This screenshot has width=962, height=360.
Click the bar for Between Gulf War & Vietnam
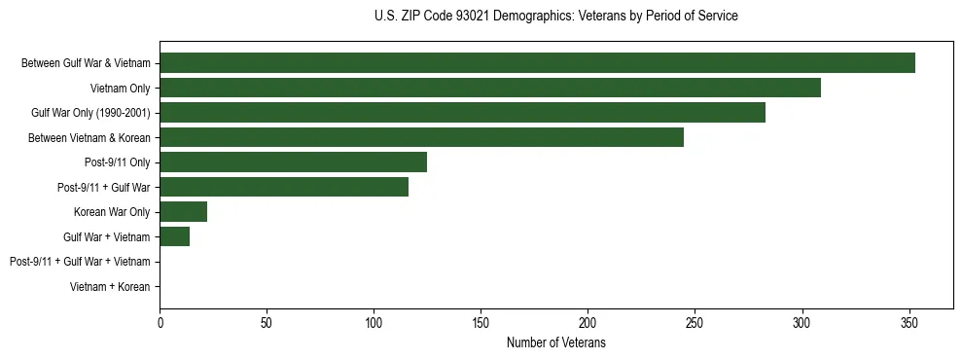pyautogui.click(x=537, y=63)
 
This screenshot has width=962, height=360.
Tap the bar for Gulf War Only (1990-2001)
pyautogui.click(x=462, y=113)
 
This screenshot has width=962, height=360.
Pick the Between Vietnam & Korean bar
pyautogui.click(x=421, y=137)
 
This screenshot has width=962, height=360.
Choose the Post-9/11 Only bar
pyautogui.click(x=293, y=162)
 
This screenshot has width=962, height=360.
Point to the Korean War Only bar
pyautogui.click(x=183, y=212)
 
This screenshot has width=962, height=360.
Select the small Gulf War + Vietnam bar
pyautogui.click(x=174, y=236)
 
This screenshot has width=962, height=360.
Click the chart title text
pyautogui.click(x=555, y=17)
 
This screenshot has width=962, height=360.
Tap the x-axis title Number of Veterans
pyautogui.click(x=555, y=343)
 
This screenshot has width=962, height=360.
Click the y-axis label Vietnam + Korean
pyautogui.click(x=110, y=287)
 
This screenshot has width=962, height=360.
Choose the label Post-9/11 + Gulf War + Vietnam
pyautogui.click(x=80, y=262)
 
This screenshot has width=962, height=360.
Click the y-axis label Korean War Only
pyautogui.click(x=112, y=212)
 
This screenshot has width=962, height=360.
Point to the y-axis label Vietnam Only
pyautogui.click(x=120, y=89)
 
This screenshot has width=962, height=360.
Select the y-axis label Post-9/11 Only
pyautogui.click(x=118, y=162)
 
